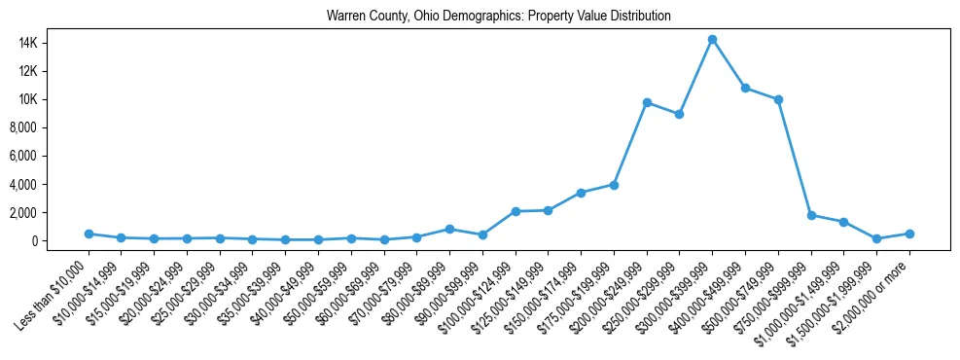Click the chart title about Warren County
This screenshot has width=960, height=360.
(499, 17)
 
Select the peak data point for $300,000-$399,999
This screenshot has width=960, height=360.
(712, 39)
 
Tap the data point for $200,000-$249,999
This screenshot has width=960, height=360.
(647, 102)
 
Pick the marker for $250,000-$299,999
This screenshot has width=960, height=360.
(680, 114)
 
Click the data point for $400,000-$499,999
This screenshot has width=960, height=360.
(745, 88)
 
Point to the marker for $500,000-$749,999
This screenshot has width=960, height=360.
(778, 99)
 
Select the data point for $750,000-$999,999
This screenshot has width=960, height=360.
(811, 215)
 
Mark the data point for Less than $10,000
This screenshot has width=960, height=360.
(89, 234)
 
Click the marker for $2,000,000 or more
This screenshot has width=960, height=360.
(909, 234)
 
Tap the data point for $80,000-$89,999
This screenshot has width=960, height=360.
(449, 229)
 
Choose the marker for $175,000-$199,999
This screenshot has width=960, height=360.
(614, 184)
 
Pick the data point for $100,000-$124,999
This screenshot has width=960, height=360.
(516, 211)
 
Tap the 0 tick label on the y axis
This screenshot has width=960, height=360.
(60, 240)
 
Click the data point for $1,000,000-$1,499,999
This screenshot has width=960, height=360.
(844, 222)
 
